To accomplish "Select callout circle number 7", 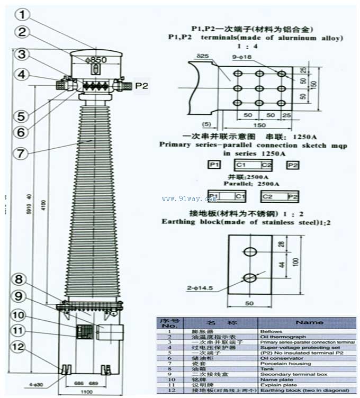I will click(20, 153).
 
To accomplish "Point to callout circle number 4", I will click(21, 75).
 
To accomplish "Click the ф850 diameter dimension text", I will click(96, 60).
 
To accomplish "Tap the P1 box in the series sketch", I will click(214, 165).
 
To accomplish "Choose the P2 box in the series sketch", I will click(293, 165).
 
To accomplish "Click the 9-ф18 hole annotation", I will click(241, 56).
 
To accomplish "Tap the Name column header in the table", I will click(310, 322).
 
